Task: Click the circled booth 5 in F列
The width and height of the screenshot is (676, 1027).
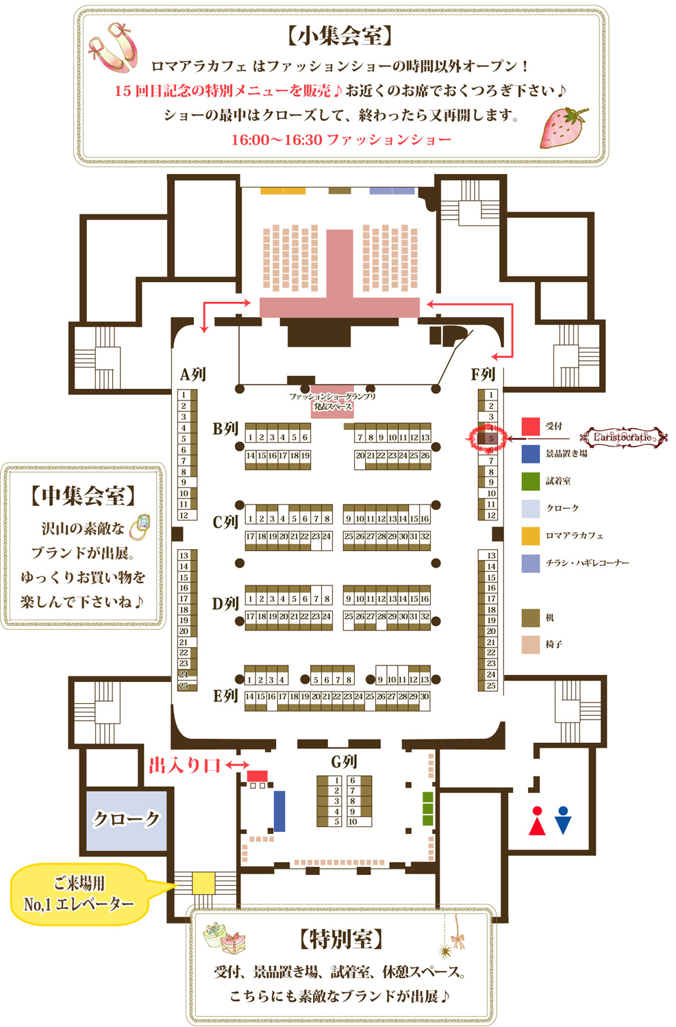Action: (490, 438)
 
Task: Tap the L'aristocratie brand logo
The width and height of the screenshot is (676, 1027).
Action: (623, 437)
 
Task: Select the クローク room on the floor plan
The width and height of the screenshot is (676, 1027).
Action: (126, 820)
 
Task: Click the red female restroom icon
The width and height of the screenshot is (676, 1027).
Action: (537, 820)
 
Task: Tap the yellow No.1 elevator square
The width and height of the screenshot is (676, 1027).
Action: (203, 882)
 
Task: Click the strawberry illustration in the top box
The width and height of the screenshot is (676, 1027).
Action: (564, 127)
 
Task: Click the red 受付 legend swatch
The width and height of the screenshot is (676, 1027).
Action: (531, 427)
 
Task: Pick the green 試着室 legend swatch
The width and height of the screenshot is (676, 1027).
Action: (531, 481)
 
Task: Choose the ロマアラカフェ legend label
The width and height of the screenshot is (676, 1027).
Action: (575, 535)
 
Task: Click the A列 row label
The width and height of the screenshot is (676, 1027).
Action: (192, 375)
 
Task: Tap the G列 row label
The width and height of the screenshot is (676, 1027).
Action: (344, 761)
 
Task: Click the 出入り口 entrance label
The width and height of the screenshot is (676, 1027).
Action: (185, 765)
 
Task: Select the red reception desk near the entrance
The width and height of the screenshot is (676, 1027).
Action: (257, 776)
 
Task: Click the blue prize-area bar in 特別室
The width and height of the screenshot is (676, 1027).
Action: (279, 811)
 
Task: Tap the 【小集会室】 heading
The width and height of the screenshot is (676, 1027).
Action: (340, 36)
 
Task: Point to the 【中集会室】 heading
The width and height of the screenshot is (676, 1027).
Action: (83, 496)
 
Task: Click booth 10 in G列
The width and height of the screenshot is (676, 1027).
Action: (353, 822)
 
